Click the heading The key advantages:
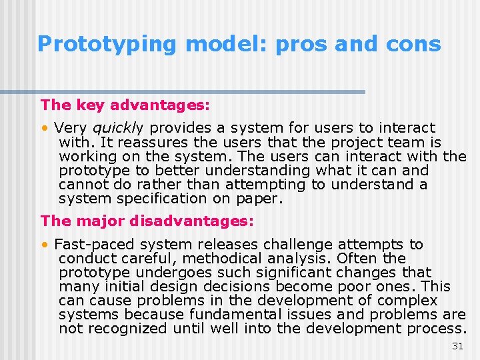point(125,105)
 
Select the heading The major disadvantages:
point(147,220)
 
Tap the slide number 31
point(457,346)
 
